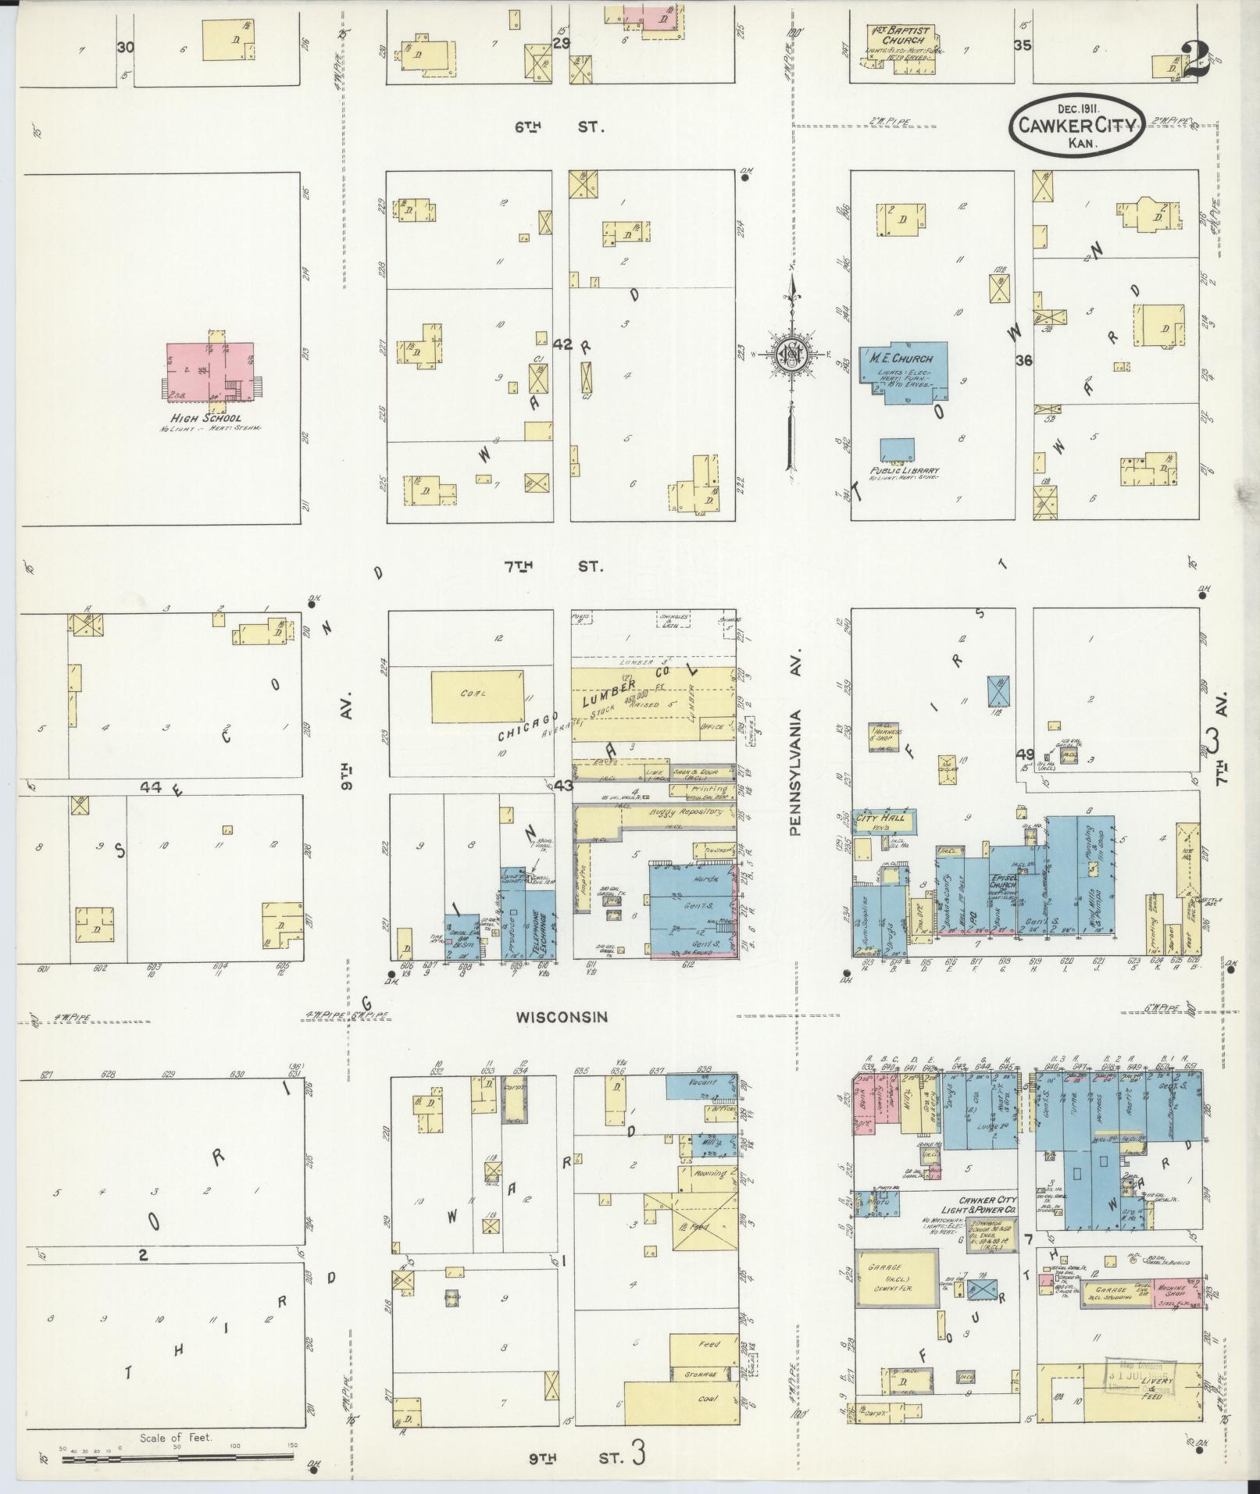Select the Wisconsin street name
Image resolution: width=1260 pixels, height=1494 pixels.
pyautogui.click(x=560, y=1016)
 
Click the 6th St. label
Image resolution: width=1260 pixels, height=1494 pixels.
pyautogui.click(x=559, y=127)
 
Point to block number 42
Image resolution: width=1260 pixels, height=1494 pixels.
pyautogui.click(x=562, y=344)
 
